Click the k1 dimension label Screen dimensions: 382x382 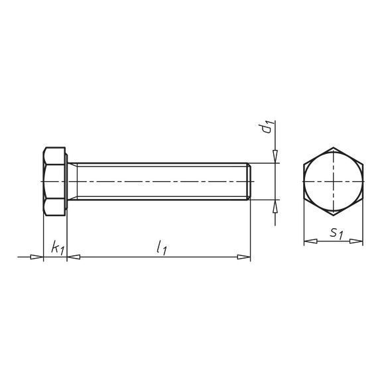[x=58, y=247]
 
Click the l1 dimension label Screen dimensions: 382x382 [x=161, y=247]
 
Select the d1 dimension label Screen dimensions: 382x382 [x=267, y=127]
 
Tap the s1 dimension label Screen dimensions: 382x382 [x=337, y=233]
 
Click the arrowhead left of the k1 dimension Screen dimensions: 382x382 [x=36, y=257]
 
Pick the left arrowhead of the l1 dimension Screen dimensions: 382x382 [x=74, y=257]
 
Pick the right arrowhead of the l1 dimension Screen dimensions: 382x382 [x=244, y=257]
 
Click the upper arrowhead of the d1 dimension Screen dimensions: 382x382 [x=275, y=157]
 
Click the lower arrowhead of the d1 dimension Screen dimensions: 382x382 [x=275, y=206]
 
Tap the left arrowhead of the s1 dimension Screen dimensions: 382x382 [x=310, y=241]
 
